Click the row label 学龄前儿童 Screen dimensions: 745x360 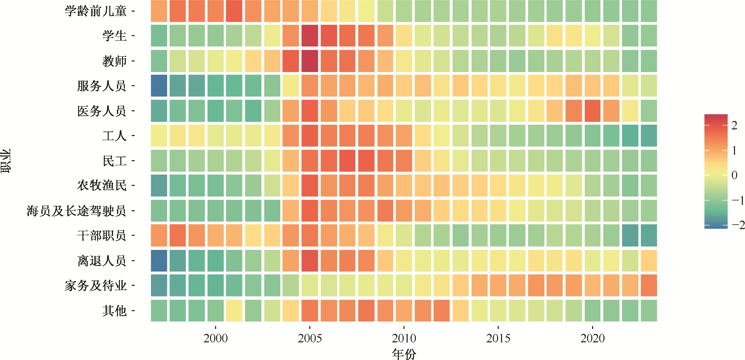(x=95, y=11)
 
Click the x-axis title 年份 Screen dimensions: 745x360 (x=404, y=354)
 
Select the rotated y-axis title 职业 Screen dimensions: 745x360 (x=6, y=161)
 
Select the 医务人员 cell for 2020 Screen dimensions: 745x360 (x=592, y=111)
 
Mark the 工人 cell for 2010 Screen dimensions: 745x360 (x=404, y=136)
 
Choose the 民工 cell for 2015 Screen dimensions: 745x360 (x=498, y=161)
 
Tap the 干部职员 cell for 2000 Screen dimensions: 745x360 (x=215, y=235)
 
